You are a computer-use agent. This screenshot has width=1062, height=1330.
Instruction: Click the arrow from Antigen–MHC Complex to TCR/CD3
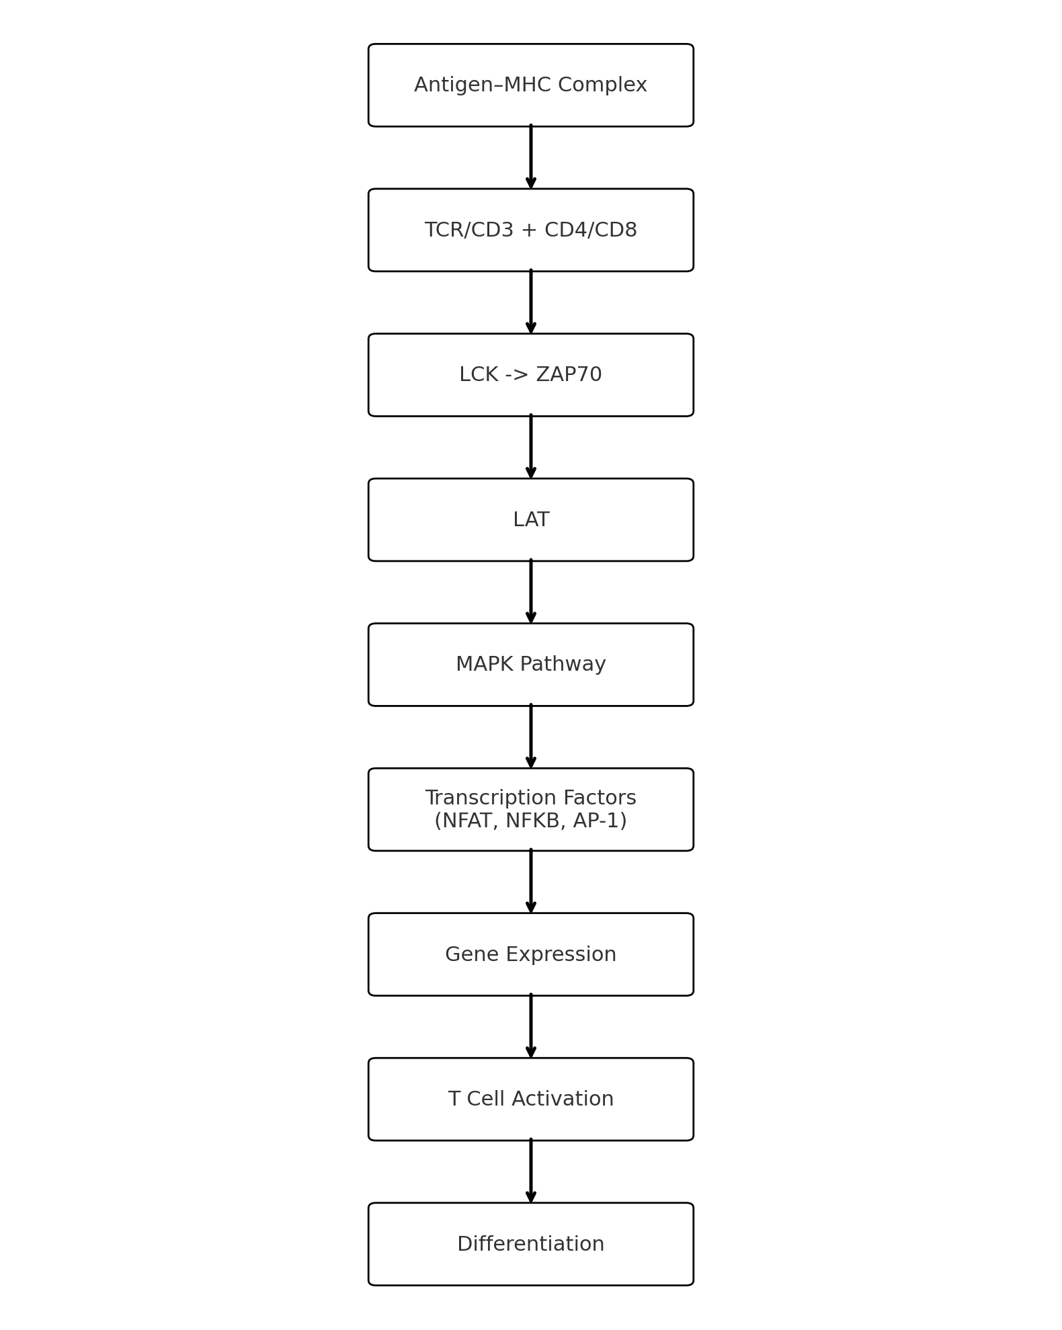(x=531, y=157)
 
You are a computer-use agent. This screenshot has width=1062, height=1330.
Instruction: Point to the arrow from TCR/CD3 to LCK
(x=531, y=302)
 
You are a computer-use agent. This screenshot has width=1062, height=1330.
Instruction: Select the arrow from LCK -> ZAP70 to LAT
(x=531, y=447)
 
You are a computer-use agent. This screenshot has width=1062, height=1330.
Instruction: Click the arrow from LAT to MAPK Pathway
(x=531, y=592)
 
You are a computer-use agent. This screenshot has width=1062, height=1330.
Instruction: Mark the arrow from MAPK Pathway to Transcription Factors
(x=531, y=737)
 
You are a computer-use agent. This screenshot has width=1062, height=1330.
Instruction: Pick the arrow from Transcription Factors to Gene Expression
(x=531, y=882)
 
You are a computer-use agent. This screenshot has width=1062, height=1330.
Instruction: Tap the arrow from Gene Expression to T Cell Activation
(x=531, y=1026)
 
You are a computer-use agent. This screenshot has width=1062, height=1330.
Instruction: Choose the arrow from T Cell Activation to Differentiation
(x=531, y=1171)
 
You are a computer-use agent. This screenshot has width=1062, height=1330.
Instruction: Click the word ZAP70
(x=569, y=375)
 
